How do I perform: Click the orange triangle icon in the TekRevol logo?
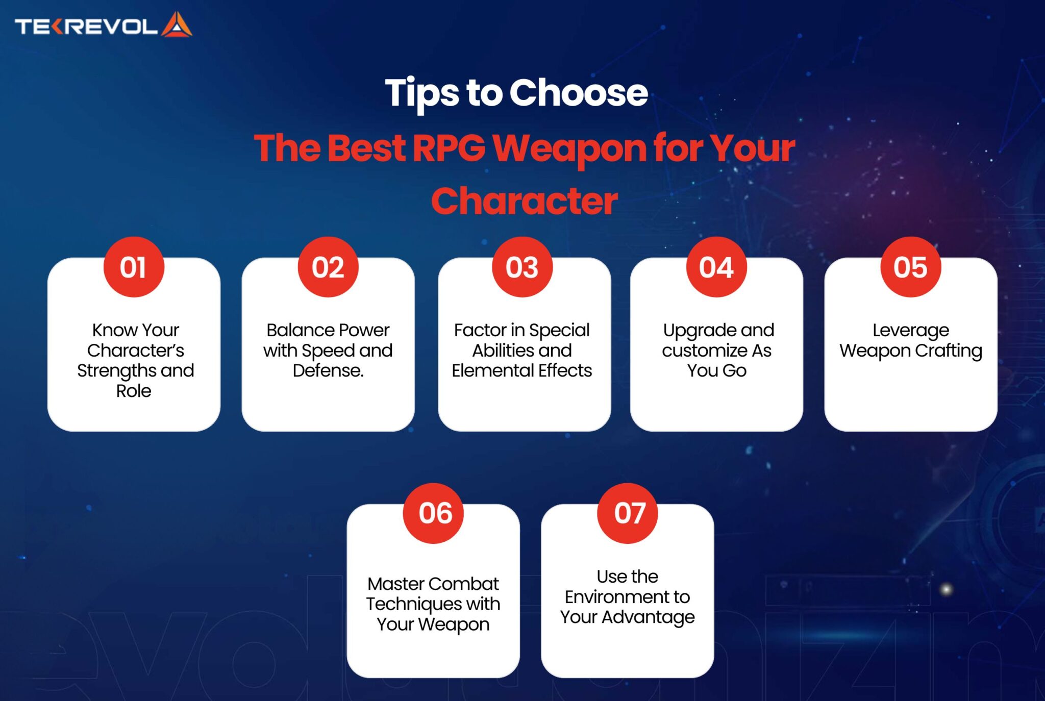(x=177, y=25)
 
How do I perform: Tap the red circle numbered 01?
(x=134, y=267)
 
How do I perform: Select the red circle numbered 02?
(x=328, y=267)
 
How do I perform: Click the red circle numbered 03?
(x=522, y=267)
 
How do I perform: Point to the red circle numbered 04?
(x=716, y=267)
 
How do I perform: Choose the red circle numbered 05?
(x=911, y=267)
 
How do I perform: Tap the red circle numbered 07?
(x=628, y=513)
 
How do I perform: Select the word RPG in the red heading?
(x=449, y=148)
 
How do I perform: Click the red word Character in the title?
(x=524, y=201)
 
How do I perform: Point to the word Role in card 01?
(x=134, y=391)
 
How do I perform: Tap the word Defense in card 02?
(x=327, y=370)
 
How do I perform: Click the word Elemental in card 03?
(x=492, y=370)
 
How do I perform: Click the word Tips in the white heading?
(x=421, y=94)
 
